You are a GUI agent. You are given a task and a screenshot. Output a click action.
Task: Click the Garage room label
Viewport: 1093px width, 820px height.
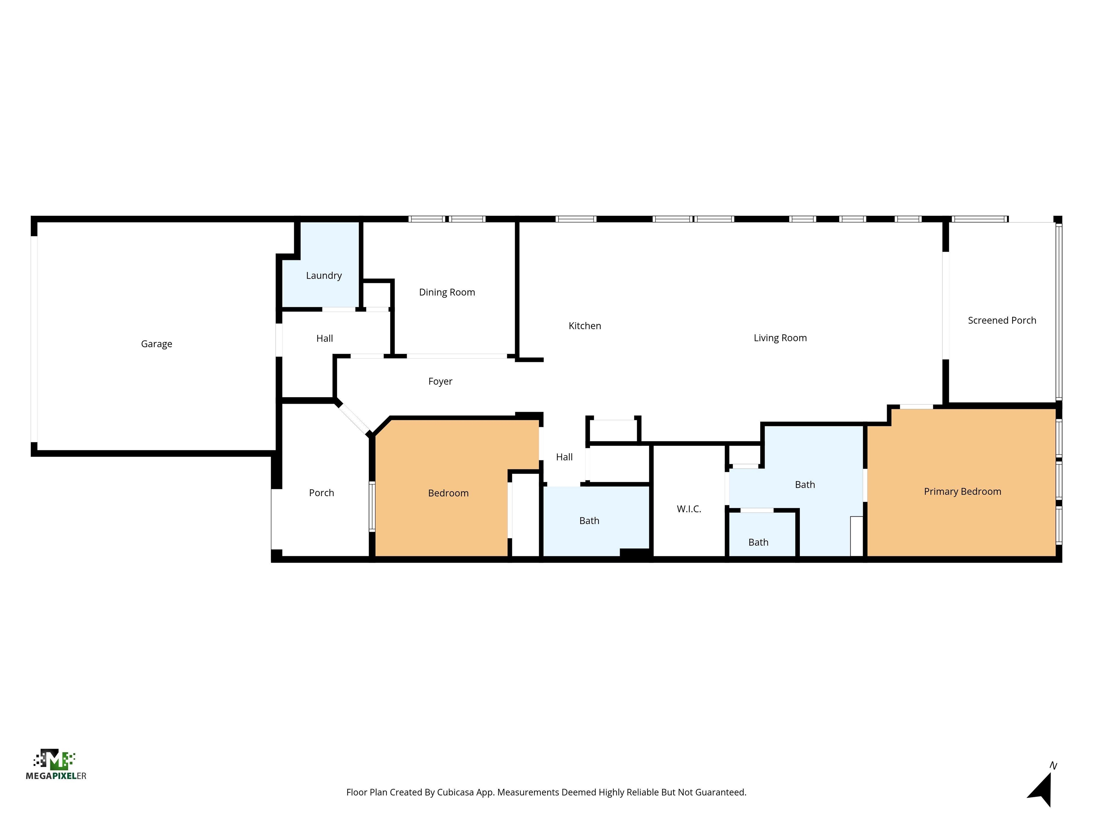click(157, 344)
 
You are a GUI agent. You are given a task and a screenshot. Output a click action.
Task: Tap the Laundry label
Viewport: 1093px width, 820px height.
click(324, 276)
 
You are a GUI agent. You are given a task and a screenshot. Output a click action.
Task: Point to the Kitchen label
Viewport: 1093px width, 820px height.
click(585, 326)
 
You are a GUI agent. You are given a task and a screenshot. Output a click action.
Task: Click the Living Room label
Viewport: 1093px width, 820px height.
click(780, 338)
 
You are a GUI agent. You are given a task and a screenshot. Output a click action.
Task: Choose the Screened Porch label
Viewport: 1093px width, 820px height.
click(1002, 320)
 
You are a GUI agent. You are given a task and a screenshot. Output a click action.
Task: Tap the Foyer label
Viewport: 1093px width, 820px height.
click(440, 382)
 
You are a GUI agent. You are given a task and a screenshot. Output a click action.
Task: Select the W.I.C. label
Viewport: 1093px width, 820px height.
click(689, 509)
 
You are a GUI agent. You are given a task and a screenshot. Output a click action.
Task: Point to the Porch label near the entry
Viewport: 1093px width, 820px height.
click(321, 493)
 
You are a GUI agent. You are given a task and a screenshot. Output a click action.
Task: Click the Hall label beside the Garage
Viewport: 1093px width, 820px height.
click(324, 338)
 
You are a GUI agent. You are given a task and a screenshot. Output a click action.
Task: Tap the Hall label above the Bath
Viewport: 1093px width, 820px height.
click(564, 457)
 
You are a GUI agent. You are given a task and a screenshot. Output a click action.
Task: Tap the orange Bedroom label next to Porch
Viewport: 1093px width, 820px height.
click(448, 493)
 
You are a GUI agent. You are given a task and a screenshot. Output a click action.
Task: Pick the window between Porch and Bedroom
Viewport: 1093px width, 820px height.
click(372, 507)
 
